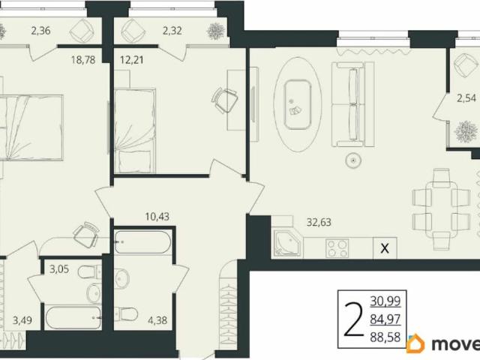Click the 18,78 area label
click(x=83, y=60)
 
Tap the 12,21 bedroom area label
click(x=132, y=60)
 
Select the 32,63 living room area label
click(x=319, y=222)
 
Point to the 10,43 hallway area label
click(x=157, y=217)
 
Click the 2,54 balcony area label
click(x=466, y=98)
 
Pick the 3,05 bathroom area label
click(x=59, y=269)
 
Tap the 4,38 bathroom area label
click(x=157, y=320)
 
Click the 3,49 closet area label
click(x=22, y=320)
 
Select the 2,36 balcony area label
click(x=40, y=31)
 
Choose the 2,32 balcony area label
click(x=172, y=31)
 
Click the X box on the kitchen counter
click(x=385, y=248)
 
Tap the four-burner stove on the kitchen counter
click(x=337, y=248)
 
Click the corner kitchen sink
click(x=287, y=243)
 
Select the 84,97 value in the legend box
click(x=385, y=319)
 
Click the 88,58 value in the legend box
click(x=385, y=337)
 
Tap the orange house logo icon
click(x=415, y=343)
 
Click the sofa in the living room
click(x=352, y=104)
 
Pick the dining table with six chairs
click(x=441, y=205)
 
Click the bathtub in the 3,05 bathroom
click(x=73, y=317)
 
